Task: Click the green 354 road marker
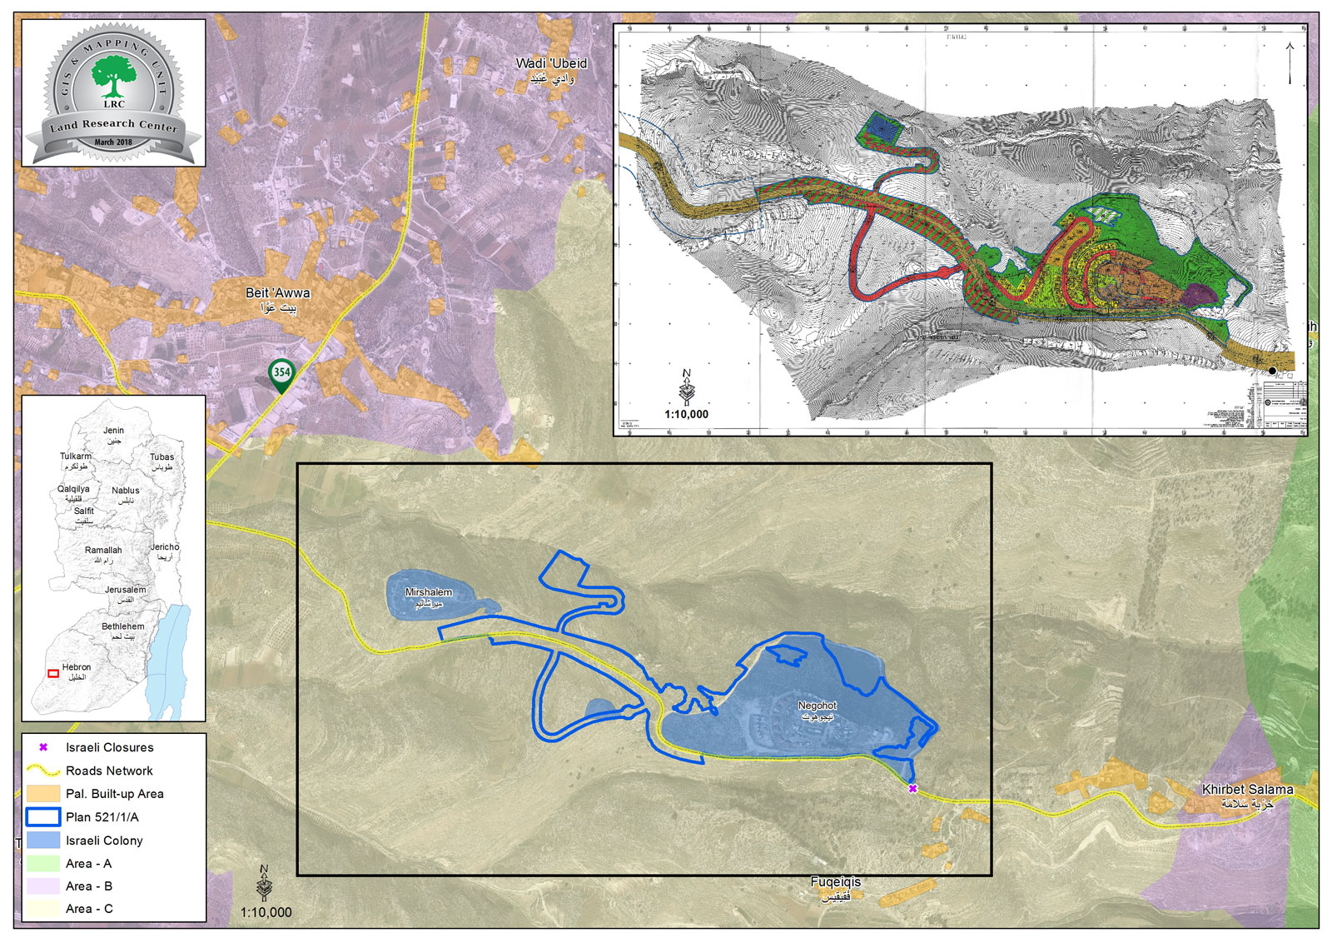coord(281,374)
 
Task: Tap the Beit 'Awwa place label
coord(277,299)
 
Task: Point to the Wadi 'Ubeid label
coord(551,69)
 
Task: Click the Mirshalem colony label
coord(428,596)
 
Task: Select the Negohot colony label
coord(817,710)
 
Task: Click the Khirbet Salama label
coord(1247,795)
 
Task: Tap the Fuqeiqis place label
coord(836,887)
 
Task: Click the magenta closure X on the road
coord(912,788)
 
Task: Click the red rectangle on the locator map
coord(53,673)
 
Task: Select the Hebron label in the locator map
coord(77,671)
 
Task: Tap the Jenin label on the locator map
coord(113,434)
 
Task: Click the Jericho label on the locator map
coord(165,551)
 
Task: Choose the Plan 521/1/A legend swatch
coord(43,817)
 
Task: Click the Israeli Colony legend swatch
coord(43,840)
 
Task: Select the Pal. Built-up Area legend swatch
coord(43,794)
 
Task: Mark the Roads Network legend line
coord(43,771)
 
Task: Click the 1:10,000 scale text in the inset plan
coord(686,414)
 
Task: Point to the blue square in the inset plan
coord(881,127)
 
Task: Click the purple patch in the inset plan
coord(1199,293)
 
